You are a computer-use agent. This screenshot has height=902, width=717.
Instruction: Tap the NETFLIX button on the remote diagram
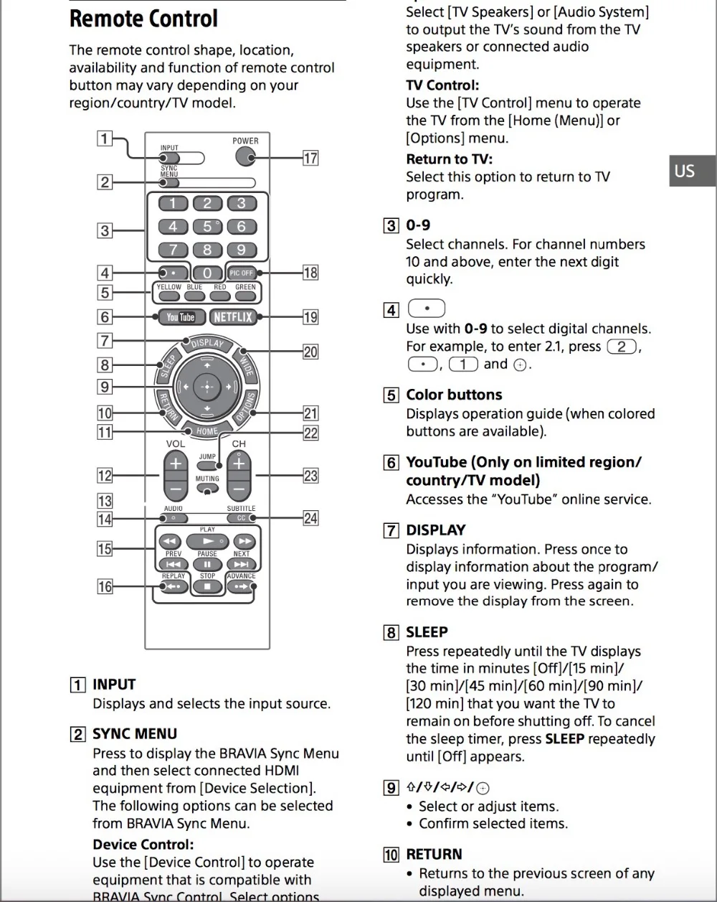point(232,316)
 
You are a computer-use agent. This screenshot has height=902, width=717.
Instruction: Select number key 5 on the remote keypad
point(207,227)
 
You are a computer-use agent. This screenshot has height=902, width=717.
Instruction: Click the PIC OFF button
point(242,273)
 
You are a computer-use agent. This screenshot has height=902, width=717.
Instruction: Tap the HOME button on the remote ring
point(206,431)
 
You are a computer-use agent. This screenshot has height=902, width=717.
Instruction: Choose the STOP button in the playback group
point(207,586)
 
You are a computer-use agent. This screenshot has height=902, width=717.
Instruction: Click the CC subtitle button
point(241,518)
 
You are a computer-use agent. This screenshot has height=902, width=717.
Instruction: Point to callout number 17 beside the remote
point(310,158)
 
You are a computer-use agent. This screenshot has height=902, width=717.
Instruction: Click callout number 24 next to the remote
point(310,518)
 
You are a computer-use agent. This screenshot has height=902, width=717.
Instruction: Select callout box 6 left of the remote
point(105,316)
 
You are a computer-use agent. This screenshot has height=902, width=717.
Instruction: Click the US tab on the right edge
point(685,171)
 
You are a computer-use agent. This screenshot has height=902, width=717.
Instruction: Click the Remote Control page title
point(143,19)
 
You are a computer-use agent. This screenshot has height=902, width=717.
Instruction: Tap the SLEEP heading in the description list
point(427,632)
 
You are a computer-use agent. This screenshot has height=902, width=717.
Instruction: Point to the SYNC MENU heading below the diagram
point(135,734)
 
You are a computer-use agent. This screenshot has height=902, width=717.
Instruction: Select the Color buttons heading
point(454,395)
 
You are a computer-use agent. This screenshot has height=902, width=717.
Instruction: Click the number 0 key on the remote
point(207,273)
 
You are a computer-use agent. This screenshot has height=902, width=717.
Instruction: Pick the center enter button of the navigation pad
point(207,387)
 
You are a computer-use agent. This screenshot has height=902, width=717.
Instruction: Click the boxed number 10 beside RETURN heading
point(391,855)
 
